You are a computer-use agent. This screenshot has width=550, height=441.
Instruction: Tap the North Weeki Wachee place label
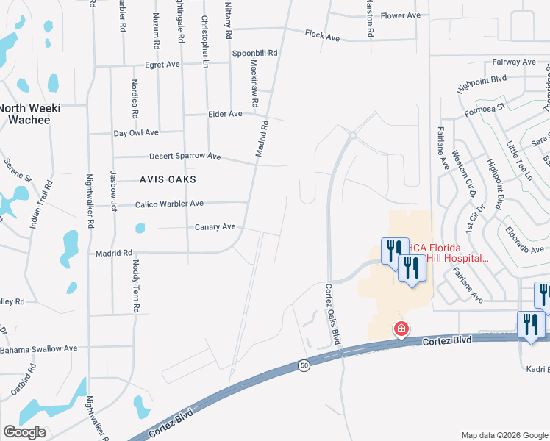(x=29, y=113)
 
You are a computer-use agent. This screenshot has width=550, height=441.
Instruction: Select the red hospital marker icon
(x=401, y=329)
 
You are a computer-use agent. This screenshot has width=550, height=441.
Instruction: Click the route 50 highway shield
(x=304, y=365)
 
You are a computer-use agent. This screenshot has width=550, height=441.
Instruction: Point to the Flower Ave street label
(x=401, y=15)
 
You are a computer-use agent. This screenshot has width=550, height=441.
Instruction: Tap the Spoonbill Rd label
(x=254, y=53)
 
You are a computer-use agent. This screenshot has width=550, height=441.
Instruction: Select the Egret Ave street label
(x=162, y=65)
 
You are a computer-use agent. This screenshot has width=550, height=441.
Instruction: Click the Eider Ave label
(x=225, y=114)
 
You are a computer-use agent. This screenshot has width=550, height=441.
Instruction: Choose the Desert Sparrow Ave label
(x=185, y=157)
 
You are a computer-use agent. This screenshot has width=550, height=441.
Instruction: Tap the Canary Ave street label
(x=215, y=226)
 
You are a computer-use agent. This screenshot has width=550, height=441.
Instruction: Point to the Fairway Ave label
(x=514, y=62)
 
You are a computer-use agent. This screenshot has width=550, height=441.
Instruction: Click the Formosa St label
(x=485, y=109)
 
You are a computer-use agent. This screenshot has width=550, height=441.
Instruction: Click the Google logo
(x=24, y=432)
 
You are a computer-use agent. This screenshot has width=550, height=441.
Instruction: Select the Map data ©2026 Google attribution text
(x=504, y=434)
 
